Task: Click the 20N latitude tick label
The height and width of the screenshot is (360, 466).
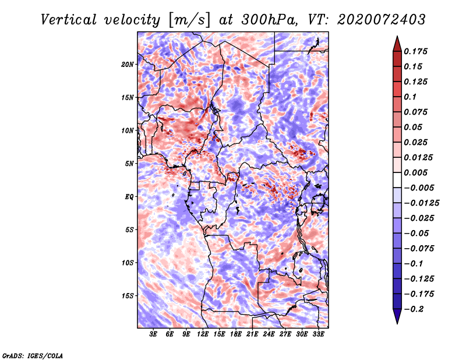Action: (128, 64)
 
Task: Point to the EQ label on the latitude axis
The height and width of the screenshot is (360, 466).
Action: (129, 197)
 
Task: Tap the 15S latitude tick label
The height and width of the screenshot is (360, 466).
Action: (128, 296)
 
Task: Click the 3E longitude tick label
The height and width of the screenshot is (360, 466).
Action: (154, 334)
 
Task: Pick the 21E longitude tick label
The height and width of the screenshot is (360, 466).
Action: (252, 334)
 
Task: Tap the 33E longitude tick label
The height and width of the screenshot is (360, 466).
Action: (318, 334)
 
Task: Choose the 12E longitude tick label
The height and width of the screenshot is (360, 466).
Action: (203, 334)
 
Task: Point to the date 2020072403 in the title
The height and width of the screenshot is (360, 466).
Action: (376, 20)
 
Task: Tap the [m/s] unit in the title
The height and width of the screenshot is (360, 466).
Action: (188, 20)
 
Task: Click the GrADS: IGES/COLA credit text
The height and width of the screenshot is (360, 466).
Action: (32, 355)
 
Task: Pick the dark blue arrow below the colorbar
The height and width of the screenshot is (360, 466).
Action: (396, 316)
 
